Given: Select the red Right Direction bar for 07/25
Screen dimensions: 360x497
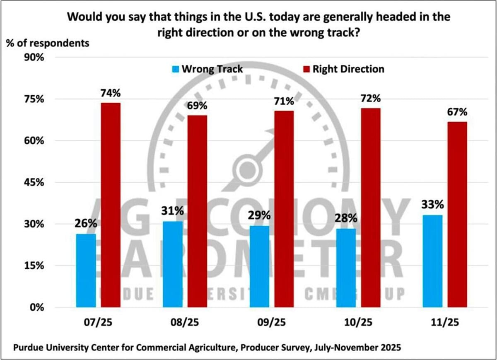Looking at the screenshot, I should click(x=111, y=205).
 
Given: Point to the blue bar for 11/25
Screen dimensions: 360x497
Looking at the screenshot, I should click(x=432, y=261).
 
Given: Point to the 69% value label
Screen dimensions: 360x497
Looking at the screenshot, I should click(x=197, y=106).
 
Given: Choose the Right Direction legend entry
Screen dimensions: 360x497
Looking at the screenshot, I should click(x=343, y=69).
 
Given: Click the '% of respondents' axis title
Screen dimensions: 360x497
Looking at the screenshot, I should click(x=47, y=42).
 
